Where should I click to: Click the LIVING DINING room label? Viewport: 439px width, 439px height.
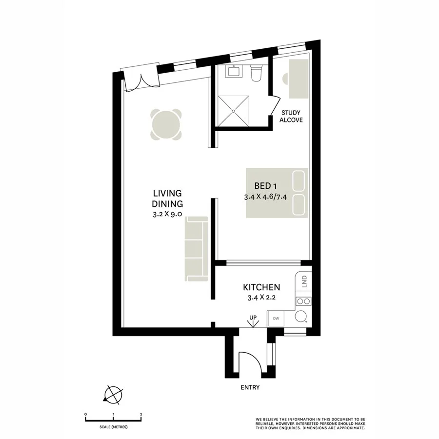tap(167, 199)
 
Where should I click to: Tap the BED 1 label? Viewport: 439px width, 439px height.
tap(267, 186)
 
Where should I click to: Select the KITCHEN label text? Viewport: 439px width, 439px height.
tap(261, 287)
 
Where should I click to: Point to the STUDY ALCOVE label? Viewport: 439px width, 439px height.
tap(291, 116)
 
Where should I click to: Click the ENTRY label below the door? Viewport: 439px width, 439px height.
tap(250, 388)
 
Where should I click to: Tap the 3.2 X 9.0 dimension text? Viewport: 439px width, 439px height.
tap(167, 214)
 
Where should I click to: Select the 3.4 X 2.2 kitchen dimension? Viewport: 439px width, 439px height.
tap(261, 299)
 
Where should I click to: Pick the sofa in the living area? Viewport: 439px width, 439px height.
tap(196, 249)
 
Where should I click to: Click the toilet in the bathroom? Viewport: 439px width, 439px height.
tap(256, 73)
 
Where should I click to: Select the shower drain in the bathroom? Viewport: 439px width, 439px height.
tap(234, 111)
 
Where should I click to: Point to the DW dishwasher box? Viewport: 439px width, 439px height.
tap(276, 319)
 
